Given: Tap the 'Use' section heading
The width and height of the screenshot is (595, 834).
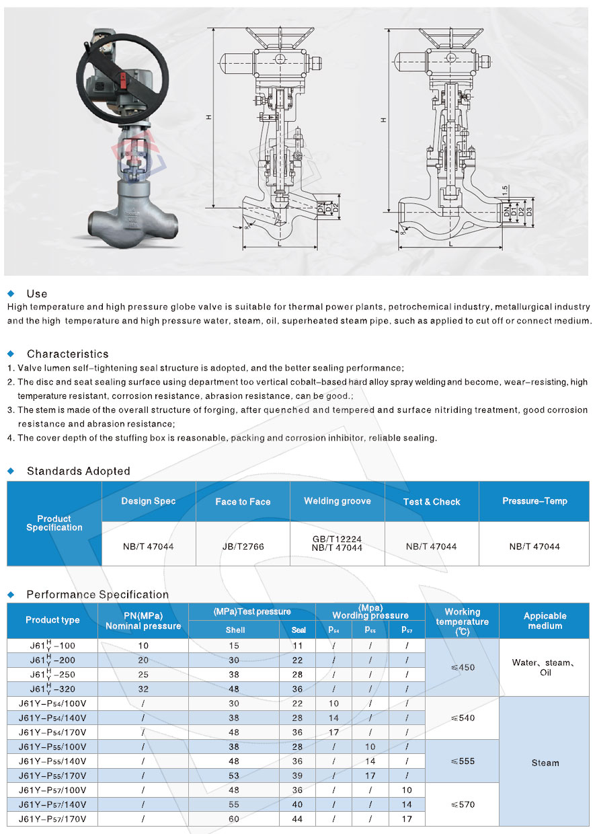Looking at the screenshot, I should [37, 294].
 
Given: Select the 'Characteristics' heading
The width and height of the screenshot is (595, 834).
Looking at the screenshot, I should [67, 354].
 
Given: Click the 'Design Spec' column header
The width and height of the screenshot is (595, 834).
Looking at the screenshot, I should [149, 501].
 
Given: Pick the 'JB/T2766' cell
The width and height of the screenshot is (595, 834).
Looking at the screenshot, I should [243, 546].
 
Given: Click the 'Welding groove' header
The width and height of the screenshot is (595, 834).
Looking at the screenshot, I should [337, 501].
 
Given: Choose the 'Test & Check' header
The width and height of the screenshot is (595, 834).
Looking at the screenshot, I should [432, 502].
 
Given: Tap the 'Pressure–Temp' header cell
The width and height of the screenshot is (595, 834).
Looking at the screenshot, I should [534, 501].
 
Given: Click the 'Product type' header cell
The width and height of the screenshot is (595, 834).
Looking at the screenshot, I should [52, 620].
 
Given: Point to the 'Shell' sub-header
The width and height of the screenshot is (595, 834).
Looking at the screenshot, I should [235, 630].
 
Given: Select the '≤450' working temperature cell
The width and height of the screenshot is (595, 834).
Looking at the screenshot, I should [463, 667].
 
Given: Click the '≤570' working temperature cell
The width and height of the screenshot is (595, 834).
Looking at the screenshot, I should [463, 804].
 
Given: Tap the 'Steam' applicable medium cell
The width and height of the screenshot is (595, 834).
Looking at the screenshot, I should [545, 763].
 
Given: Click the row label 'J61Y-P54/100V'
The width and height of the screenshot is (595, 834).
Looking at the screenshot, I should [52, 703].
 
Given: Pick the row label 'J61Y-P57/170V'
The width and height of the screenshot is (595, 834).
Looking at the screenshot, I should [52, 819].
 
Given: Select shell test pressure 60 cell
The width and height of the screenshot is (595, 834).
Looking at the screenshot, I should [235, 819].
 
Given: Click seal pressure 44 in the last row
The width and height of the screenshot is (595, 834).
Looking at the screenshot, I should [298, 819].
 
